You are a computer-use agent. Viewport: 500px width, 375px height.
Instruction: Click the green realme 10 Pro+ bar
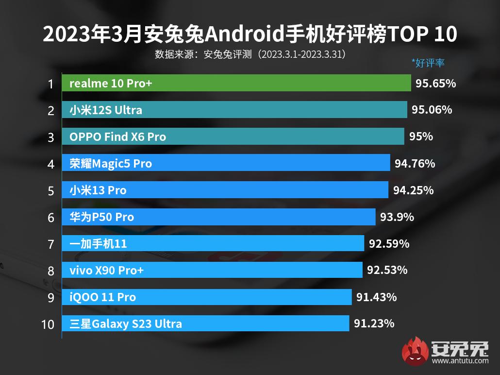tap(236, 84)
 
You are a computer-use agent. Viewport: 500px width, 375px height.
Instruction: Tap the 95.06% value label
tap(432, 110)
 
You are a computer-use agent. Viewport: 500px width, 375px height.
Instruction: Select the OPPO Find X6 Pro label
tap(117, 137)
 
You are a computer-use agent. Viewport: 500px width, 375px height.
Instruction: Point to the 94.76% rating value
tap(415, 163)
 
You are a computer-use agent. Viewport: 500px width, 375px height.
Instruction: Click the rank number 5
tap(51, 190)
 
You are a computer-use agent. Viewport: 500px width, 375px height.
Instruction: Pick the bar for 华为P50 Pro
tap(218, 217)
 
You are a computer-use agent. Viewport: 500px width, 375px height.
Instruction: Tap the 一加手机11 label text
tap(98, 243)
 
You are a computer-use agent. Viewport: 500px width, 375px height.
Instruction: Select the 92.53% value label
tap(387, 270)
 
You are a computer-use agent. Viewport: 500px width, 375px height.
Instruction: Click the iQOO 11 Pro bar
tap(206, 297)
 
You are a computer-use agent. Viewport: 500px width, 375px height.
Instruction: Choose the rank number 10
tap(48, 324)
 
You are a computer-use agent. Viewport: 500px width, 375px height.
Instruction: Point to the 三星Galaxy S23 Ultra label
tap(126, 324)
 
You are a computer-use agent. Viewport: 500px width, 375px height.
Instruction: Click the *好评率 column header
tap(428, 63)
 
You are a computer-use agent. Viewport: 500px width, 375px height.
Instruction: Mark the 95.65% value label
tap(435, 84)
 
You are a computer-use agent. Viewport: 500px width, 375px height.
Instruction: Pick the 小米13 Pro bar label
tap(98, 190)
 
